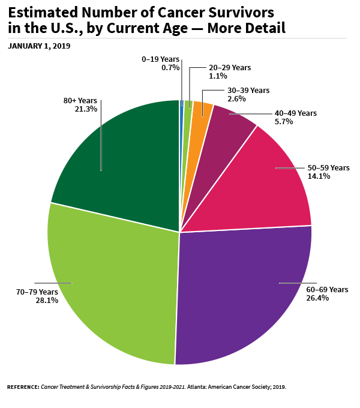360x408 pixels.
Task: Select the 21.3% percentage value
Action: click(x=86, y=109)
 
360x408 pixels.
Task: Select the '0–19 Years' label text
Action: click(x=161, y=59)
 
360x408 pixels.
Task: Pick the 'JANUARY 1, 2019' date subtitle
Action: click(x=39, y=46)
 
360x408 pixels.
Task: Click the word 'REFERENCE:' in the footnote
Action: click(x=23, y=387)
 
